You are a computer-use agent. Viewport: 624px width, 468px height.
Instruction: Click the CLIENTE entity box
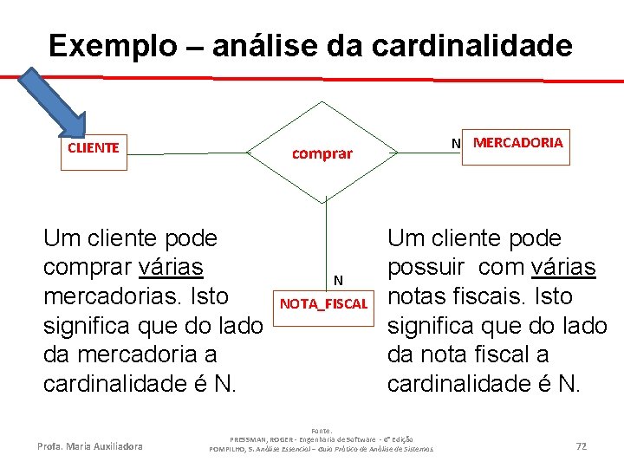[x=93, y=147]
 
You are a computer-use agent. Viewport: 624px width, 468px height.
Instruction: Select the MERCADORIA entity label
[x=517, y=142]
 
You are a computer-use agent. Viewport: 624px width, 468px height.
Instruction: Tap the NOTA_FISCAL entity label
[x=324, y=304]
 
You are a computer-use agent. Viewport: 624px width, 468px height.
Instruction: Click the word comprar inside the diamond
[x=322, y=153]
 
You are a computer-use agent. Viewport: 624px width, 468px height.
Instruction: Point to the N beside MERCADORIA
[x=455, y=143]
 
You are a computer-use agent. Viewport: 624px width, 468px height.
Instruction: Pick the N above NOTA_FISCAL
[x=339, y=279]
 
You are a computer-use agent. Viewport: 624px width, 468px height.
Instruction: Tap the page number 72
[x=582, y=445]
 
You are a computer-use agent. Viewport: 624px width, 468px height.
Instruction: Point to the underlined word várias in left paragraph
[x=170, y=267]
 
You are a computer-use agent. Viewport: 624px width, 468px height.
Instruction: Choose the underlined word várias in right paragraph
[x=563, y=267]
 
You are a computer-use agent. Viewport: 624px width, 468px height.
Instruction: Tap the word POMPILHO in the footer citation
[x=230, y=448]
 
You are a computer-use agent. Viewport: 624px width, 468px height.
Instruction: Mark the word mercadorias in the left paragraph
[x=105, y=296]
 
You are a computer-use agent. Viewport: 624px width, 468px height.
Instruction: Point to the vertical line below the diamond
[x=326, y=234]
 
